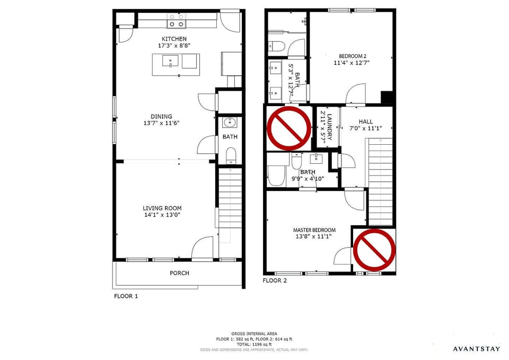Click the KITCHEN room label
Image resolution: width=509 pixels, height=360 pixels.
pyautogui.click(x=174, y=39)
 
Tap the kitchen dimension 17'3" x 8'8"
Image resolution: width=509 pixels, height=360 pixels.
pyautogui.click(x=174, y=46)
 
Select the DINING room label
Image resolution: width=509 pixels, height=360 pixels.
pyautogui.click(x=161, y=117)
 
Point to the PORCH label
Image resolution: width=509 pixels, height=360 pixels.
pyautogui.click(x=179, y=273)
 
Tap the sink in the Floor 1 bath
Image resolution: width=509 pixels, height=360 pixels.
pyautogui.click(x=230, y=122)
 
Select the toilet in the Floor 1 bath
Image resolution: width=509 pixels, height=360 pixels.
pyautogui.click(x=231, y=155)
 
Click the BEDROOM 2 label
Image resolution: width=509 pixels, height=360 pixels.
pyautogui.click(x=351, y=56)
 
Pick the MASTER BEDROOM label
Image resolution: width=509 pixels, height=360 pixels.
pyautogui.click(x=314, y=230)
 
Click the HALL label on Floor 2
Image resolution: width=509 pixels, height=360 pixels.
pyautogui.click(x=366, y=121)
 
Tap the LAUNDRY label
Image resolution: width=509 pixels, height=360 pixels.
pyautogui.click(x=329, y=127)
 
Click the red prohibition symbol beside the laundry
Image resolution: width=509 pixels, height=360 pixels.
pyautogui.click(x=288, y=128)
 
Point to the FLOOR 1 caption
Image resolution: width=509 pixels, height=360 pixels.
pyautogui.click(x=126, y=296)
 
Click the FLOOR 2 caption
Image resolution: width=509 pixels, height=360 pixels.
pyautogui.click(x=275, y=280)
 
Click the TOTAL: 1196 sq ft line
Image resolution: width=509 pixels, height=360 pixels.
pyautogui.click(x=254, y=344)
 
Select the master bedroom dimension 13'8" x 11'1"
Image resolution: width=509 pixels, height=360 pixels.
pyautogui.click(x=314, y=237)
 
